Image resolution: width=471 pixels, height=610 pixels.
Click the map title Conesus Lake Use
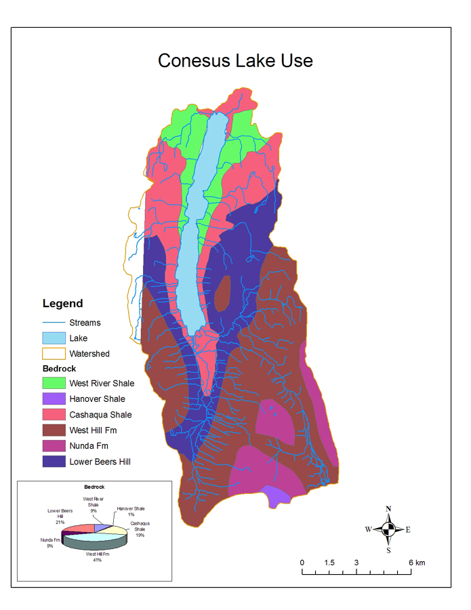coord(235,60)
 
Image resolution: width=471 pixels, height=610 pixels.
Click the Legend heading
coord(62,304)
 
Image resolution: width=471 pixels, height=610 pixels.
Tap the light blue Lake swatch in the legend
coord(54,338)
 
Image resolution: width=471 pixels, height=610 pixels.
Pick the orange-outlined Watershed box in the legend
coord(54,353)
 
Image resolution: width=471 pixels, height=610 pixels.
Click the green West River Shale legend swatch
coord(54,384)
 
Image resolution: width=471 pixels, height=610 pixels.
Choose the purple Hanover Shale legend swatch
coord(54,399)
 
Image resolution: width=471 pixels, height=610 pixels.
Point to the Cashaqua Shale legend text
coord(100,415)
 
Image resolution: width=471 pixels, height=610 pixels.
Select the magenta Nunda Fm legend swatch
coord(54,446)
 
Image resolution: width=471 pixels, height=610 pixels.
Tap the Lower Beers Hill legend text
coord(100,462)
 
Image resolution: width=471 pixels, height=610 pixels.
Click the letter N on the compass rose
coord(388,508)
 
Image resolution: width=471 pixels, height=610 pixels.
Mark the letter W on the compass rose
coord(368,530)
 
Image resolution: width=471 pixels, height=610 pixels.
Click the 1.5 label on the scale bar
coord(329,563)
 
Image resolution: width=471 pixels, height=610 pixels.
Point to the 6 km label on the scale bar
coord(416,563)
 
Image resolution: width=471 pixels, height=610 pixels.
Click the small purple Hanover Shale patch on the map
coord(278,496)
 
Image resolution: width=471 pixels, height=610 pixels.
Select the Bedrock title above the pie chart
coord(94,487)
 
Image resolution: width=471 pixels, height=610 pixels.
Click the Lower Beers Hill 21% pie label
coord(60,516)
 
